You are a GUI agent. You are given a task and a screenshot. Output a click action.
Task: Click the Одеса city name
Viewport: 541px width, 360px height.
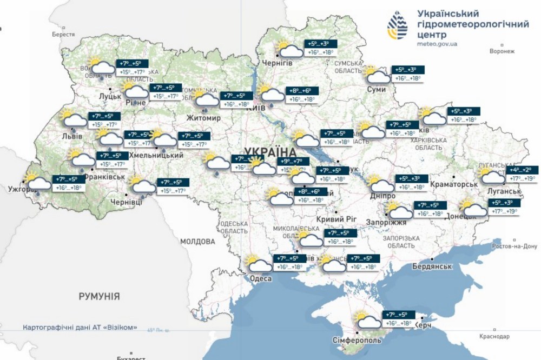254,278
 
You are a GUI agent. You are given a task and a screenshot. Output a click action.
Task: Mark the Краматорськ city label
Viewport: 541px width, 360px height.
453,184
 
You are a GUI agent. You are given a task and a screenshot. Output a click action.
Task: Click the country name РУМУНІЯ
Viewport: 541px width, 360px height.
99,296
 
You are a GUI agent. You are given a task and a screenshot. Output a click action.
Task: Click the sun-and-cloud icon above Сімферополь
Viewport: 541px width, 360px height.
367,321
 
